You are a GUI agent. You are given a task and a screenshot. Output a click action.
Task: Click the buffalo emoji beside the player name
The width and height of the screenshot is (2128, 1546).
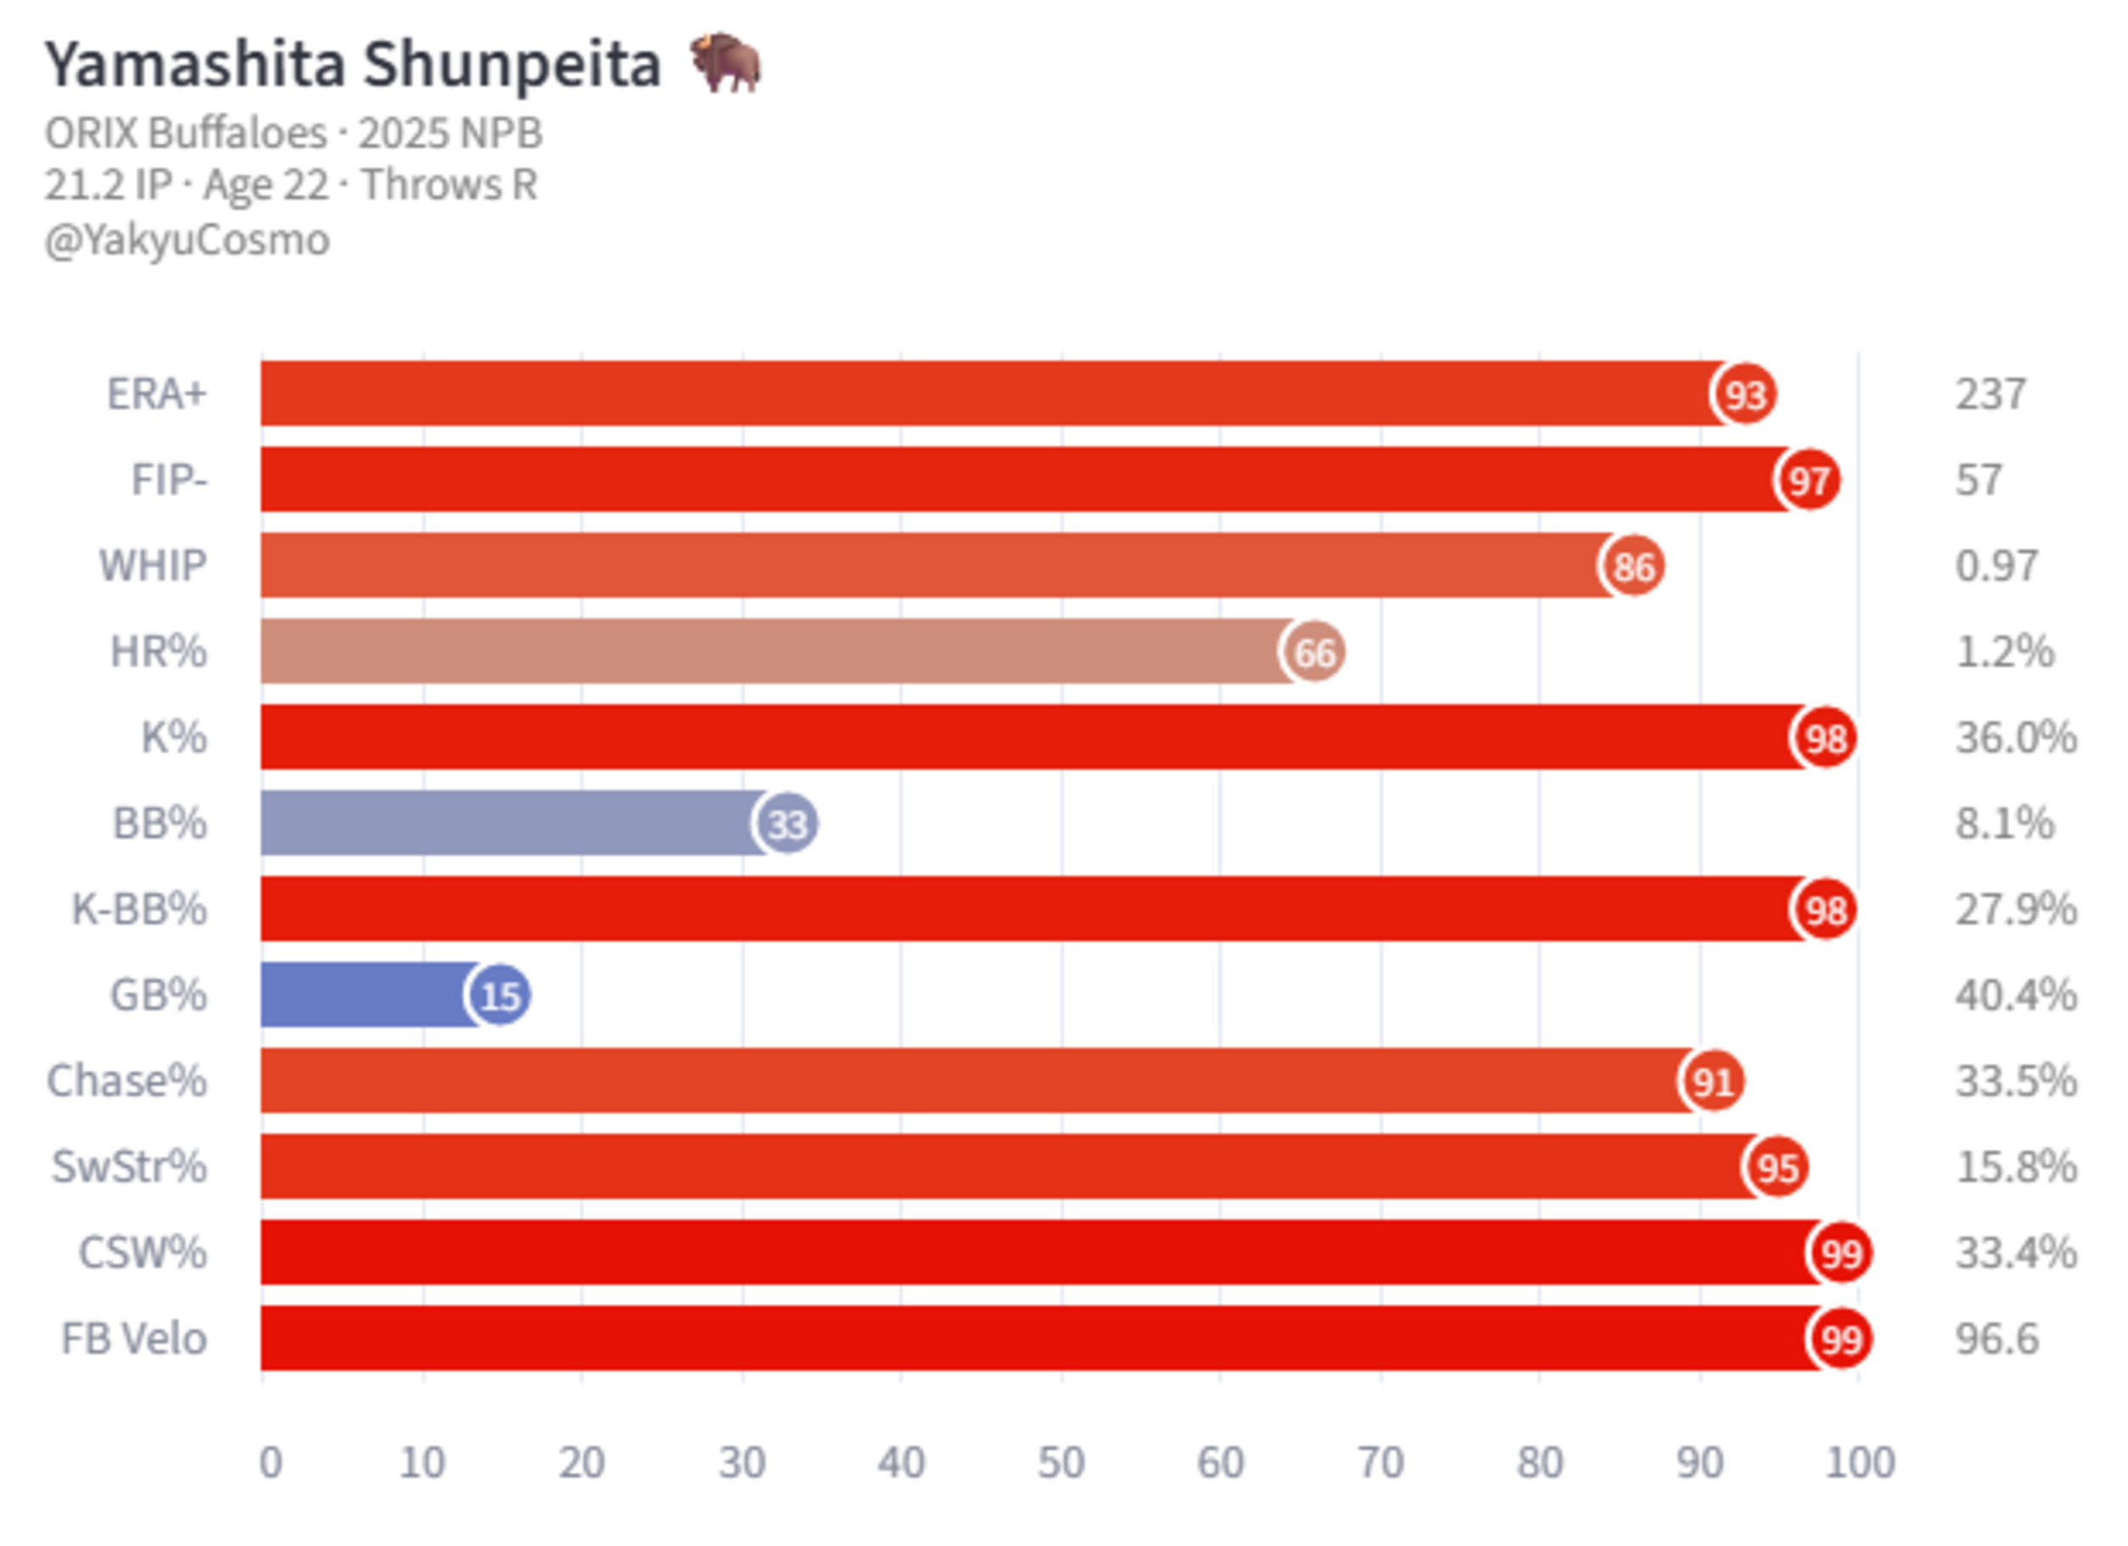725,63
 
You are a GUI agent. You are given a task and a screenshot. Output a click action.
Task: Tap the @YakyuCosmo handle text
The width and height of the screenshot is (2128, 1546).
187,240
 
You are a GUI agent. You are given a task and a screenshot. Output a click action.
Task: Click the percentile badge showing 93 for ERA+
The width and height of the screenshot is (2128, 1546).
1745,394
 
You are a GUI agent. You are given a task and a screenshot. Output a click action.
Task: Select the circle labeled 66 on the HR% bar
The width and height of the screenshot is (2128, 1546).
1313,652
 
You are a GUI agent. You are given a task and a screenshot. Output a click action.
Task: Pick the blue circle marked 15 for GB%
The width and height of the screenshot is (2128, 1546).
499,996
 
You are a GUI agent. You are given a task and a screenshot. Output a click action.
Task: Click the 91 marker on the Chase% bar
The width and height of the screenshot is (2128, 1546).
1713,1082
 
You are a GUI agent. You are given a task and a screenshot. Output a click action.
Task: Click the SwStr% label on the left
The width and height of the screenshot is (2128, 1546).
129,1168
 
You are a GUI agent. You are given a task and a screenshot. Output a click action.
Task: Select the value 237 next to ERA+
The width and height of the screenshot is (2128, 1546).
1990,394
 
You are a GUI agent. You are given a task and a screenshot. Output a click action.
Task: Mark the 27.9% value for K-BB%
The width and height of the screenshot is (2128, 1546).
2016,910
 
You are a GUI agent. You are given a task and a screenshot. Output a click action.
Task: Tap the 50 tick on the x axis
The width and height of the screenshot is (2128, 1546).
1061,1463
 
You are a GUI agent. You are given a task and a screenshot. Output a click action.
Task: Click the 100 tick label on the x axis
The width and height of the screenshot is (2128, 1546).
1860,1463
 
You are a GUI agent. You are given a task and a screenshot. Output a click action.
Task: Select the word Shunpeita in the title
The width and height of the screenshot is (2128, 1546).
512,66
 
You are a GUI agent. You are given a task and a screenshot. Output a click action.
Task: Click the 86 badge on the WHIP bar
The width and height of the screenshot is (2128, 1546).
1633,567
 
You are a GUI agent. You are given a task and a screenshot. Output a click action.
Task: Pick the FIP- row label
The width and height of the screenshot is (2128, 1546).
169,480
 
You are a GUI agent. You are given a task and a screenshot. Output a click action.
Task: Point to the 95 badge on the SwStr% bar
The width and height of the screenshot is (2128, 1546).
1777,1168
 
